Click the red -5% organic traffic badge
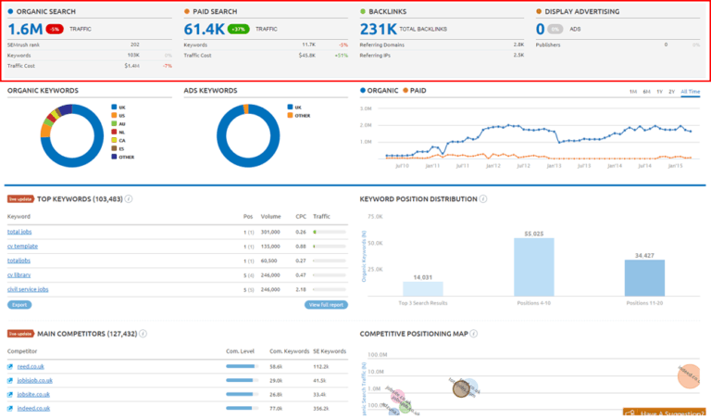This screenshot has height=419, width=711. [x=56, y=30]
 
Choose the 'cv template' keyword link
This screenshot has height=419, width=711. [x=22, y=246]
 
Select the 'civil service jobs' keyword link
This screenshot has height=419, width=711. [x=29, y=289]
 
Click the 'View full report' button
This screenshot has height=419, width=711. [x=328, y=304]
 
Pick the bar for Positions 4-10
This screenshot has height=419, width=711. [x=534, y=267]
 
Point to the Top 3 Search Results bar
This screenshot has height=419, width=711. [x=422, y=288]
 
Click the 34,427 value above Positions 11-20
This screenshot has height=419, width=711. [x=644, y=254]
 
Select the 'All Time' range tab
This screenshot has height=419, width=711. [x=690, y=92]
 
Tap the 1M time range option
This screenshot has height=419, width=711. [x=632, y=92]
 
